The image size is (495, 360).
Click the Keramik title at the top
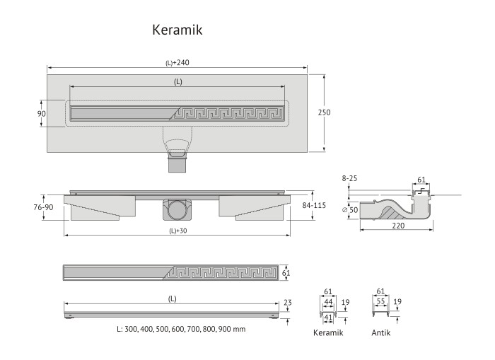tap(177, 30)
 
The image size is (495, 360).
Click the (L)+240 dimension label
tap(177, 63)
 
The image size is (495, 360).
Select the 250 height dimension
tap(325, 112)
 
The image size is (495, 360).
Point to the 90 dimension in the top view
tap(41, 114)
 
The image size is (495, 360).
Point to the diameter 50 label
tap(351, 211)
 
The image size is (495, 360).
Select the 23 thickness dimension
tap(287, 303)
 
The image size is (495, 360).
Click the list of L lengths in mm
tap(181, 330)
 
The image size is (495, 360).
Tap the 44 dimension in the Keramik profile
tap(328, 301)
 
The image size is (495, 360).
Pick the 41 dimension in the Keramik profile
tap(328, 318)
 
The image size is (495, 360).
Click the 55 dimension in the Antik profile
tap(381, 301)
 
